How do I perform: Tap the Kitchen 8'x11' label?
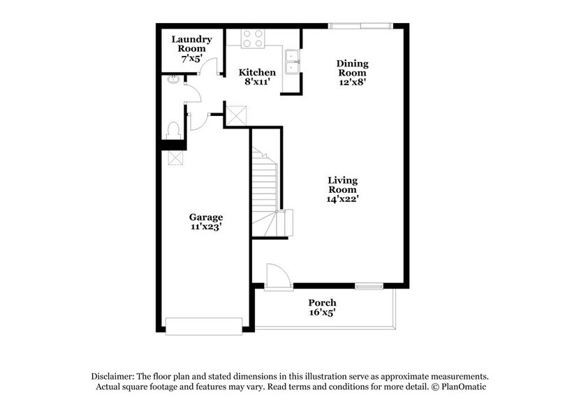click(257, 77)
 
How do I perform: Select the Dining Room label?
click(353, 73)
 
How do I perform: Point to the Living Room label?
click(343, 189)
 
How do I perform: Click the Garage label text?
click(206, 222)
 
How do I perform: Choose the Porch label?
click(323, 308)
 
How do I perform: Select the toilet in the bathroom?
click(173, 130)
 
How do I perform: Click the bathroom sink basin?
click(173, 80)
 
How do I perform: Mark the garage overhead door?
click(203, 325)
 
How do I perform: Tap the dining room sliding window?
click(361, 27)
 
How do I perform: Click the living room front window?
click(368, 286)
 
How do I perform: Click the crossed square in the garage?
click(175, 158)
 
